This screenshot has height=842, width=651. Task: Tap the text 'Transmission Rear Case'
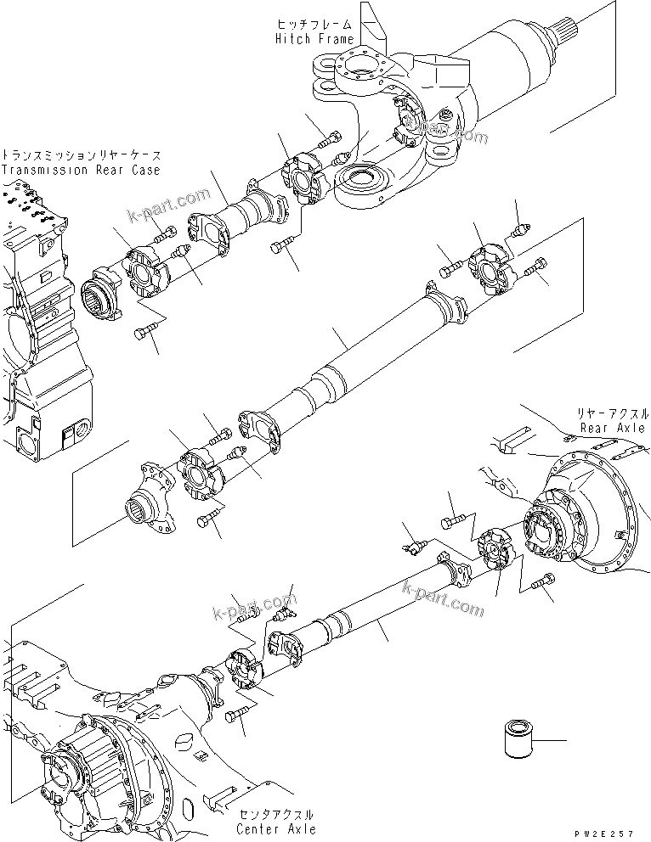click(81, 170)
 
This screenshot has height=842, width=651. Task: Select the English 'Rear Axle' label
click(612, 429)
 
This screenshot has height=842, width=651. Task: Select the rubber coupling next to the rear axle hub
click(494, 547)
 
